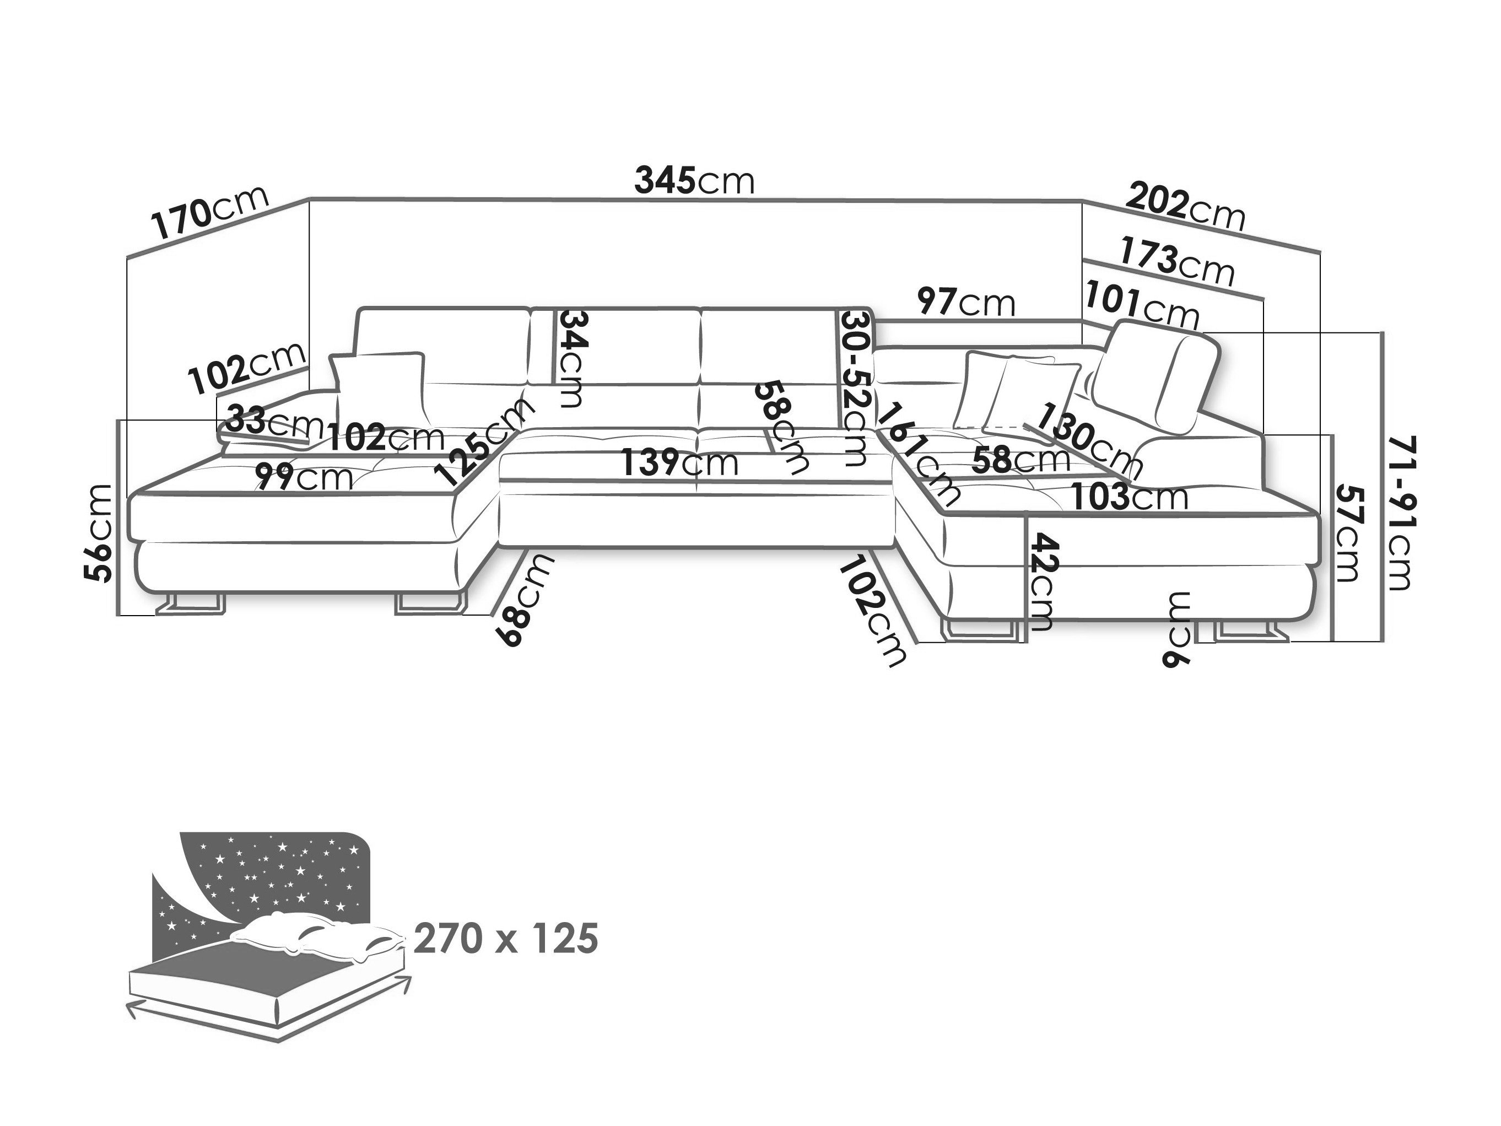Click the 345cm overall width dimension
click(x=694, y=181)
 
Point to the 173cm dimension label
click(x=1176, y=262)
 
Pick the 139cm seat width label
click(x=680, y=463)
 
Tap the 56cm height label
click(x=98, y=533)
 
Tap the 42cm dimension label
click(x=1040, y=581)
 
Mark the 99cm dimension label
click(x=304, y=477)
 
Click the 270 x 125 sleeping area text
click(x=505, y=939)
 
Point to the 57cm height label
click(x=1348, y=533)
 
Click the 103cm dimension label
click(x=1130, y=497)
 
